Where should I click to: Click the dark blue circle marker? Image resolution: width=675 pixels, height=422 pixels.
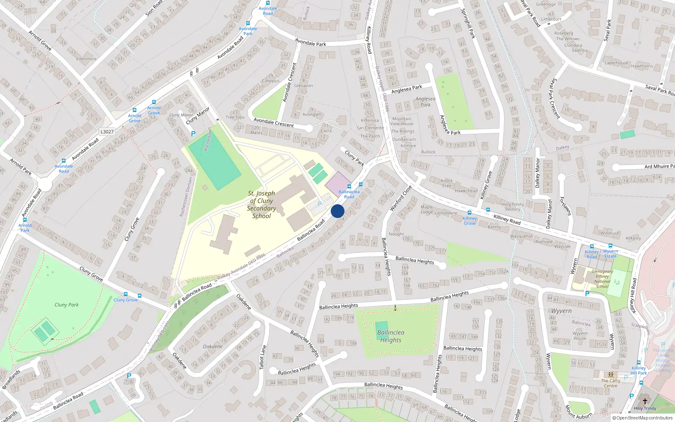(337, 211)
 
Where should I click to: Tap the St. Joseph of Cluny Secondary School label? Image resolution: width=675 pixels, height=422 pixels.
(262, 205)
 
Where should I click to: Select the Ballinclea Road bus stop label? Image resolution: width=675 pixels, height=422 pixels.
(349, 194)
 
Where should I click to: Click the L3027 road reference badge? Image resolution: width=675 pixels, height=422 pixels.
(107, 132)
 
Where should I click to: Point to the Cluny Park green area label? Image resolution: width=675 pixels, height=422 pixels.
(67, 305)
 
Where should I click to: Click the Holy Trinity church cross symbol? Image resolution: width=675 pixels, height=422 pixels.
(645, 401)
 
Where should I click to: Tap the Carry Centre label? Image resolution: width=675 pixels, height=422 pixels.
(610, 383)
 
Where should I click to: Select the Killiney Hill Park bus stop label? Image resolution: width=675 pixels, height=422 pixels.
(639, 371)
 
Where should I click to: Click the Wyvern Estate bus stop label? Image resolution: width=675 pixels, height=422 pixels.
(610, 254)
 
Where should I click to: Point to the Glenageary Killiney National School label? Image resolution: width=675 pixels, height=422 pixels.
(602, 279)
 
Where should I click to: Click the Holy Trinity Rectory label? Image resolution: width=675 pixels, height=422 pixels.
(513, 207)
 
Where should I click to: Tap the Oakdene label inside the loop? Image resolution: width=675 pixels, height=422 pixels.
(213, 346)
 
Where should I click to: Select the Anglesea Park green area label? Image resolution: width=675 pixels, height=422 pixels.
(425, 102)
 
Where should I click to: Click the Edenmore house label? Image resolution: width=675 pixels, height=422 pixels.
(86, 59)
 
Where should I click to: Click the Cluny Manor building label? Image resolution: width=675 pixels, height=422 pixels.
(181, 115)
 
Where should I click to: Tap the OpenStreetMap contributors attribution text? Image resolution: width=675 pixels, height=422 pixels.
(644, 418)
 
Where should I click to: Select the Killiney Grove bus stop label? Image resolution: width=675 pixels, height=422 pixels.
(470, 221)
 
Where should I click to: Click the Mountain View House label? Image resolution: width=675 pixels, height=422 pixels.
(402, 121)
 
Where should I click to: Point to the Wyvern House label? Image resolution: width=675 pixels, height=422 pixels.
(580, 335)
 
